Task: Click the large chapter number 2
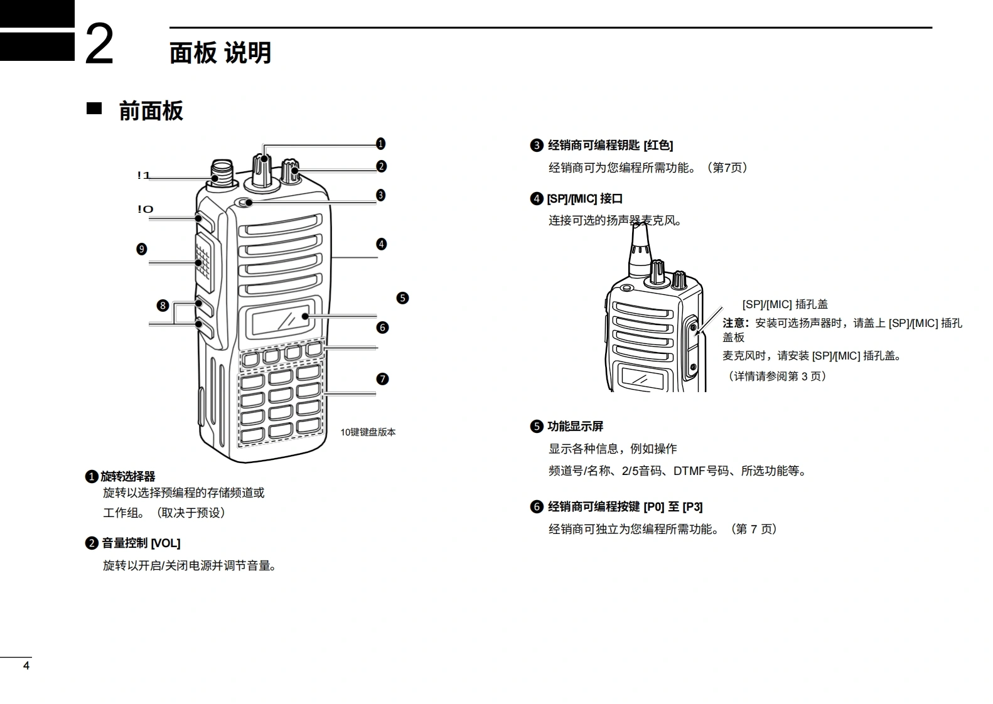click(x=99, y=44)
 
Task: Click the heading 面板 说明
click(x=220, y=53)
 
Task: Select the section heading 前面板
click(x=151, y=111)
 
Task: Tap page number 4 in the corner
click(x=26, y=666)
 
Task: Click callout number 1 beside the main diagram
click(x=380, y=144)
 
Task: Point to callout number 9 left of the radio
click(x=142, y=249)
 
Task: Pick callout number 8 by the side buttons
click(x=163, y=306)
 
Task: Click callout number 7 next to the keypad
click(x=382, y=379)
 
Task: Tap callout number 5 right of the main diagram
click(x=402, y=298)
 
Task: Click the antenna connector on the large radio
click(x=222, y=171)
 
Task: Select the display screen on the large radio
click(x=280, y=320)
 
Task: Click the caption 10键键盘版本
click(x=368, y=432)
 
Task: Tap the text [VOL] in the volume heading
click(x=166, y=543)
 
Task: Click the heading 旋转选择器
click(x=128, y=477)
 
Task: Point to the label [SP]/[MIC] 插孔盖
click(x=785, y=304)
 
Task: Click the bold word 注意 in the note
click(x=734, y=323)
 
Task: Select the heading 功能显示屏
click(x=576, y=427)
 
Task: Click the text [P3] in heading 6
click(x=693, y=507)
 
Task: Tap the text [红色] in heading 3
click(x=658, y=146)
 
